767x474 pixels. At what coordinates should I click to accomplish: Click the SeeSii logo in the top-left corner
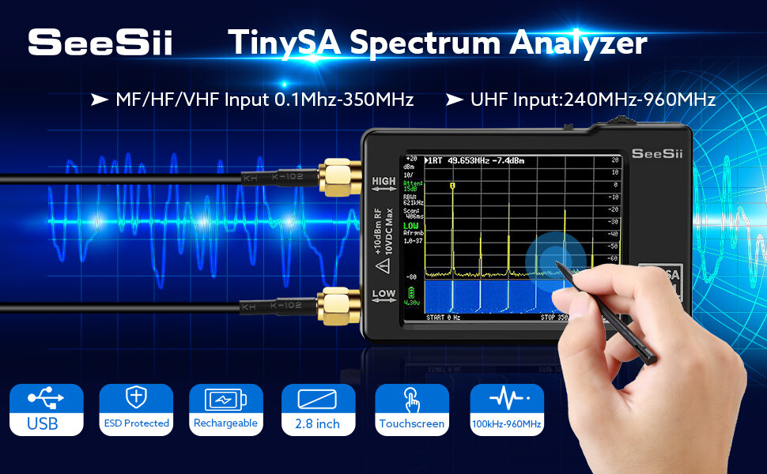100,42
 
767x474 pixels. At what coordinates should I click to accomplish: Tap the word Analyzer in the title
578,43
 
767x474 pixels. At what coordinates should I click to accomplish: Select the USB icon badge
47,409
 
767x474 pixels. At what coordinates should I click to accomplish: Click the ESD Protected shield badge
136,409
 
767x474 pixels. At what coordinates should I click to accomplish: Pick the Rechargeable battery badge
225,409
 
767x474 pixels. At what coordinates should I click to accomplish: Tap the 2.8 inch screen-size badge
317,409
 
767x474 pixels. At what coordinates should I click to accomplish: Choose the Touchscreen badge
411,409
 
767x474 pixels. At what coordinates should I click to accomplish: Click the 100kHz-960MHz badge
506,409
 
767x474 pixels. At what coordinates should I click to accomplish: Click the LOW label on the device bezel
383,295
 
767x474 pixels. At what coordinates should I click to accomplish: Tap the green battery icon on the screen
410,292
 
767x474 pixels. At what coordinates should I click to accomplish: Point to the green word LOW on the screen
411,226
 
